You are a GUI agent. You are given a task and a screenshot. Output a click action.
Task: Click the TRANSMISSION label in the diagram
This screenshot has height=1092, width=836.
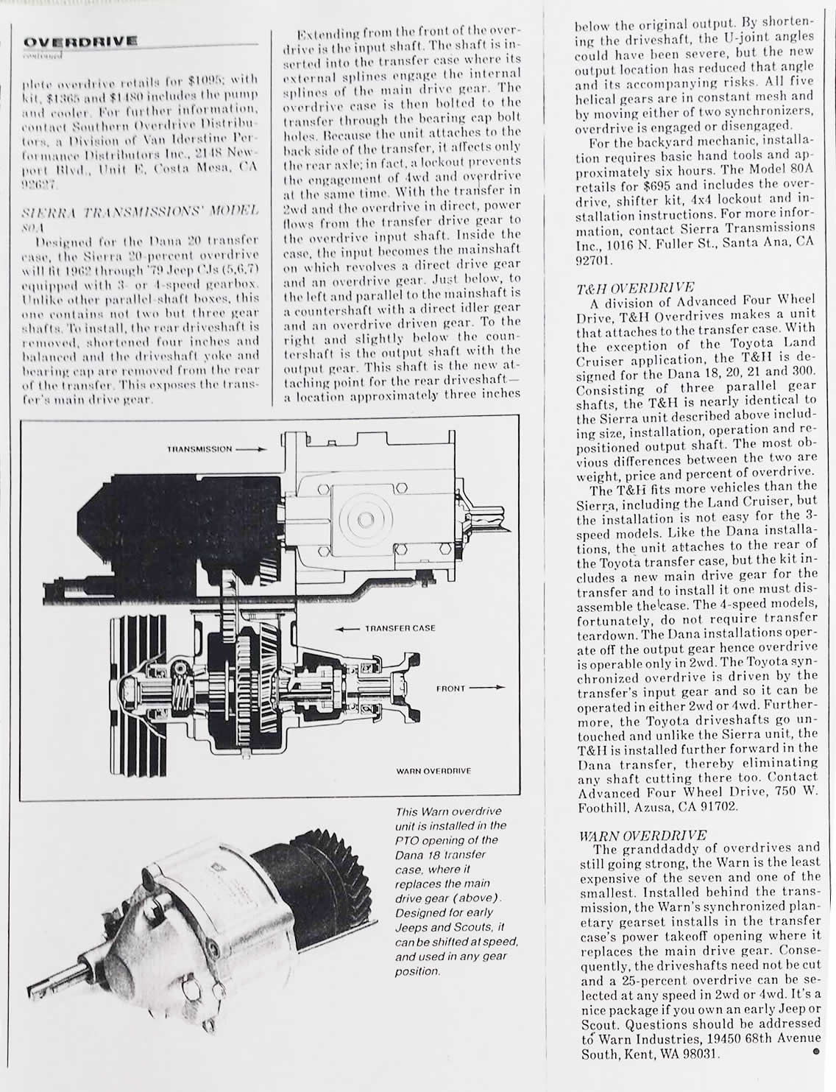199,448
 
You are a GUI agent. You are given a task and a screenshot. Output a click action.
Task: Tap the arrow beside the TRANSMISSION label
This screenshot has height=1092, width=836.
249,448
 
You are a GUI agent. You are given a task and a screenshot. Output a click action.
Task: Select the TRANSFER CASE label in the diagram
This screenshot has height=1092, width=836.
400,628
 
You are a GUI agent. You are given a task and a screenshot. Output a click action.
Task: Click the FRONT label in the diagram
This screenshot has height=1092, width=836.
450,688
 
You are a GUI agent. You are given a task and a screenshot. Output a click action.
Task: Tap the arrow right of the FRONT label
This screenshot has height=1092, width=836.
487,688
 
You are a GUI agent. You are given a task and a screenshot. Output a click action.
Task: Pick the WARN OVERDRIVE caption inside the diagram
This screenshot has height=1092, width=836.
433,771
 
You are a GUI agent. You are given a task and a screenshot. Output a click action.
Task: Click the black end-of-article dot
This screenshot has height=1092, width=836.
815,1052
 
